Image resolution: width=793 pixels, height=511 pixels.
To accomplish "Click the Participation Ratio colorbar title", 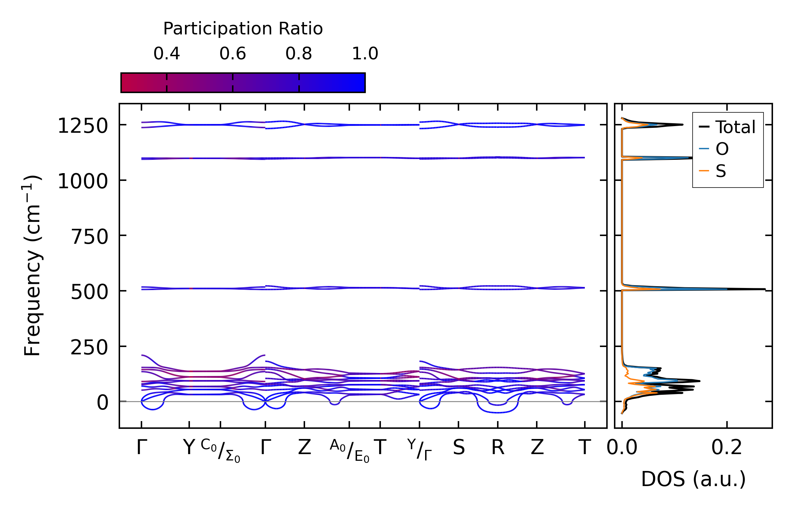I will (x=243, y=29).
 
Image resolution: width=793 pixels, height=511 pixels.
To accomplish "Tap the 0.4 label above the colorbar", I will (x=166, y=54).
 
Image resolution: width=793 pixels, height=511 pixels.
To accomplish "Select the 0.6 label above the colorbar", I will (x=232, y=54).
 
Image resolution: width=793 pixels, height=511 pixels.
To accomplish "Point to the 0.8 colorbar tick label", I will (x=298, y=54).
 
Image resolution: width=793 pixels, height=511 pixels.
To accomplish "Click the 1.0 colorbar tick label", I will (x=365, y=54).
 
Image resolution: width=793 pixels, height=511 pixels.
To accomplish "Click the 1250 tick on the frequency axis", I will (x=82, y=126).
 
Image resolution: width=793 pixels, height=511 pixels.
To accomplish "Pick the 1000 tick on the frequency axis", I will (x=82, y=182).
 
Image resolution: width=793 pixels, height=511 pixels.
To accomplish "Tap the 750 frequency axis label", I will (x=90, y=237).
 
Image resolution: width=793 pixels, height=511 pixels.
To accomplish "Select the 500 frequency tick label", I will (x=90, y=292).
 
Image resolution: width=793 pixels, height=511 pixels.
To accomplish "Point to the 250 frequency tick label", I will (x=90, y=347).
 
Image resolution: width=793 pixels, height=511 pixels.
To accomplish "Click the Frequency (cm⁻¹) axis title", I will (x=32, y=266).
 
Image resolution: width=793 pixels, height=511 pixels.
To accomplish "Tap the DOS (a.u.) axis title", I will (x=693, y=479).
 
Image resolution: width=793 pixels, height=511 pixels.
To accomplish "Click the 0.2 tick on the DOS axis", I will (x=727, y=448).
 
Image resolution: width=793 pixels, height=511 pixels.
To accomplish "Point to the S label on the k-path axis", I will (x=458, y=448).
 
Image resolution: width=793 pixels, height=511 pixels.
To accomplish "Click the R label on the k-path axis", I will (x=498, y=448).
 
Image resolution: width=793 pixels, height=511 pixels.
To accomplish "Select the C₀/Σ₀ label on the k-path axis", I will (x=220, y=451).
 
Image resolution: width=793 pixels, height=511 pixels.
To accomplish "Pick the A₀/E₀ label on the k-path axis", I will (x=349, y=451).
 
